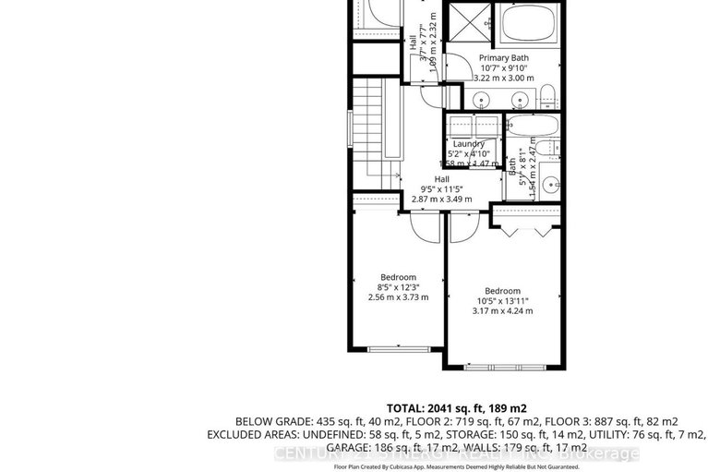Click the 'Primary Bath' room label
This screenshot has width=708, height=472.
pyautogui.click(x=504, y=57)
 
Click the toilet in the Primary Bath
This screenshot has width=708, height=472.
pyautogui.click(x=546, y=91)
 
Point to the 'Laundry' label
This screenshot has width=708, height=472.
pyautogui.click(x=468, y=144)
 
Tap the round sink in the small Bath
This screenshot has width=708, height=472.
pyautogui.click(x=549, y=182)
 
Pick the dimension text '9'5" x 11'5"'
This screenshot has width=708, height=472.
pyautogui.click(x=441, y=188)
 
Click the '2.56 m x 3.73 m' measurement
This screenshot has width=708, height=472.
pyautogui.click(x=399, y=297)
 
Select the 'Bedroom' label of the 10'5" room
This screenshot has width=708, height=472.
pyautogui.click(x=502, y=290)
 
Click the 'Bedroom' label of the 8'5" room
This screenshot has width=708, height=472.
pyautogui.click(x=399, y=276)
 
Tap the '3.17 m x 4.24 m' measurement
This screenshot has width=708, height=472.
pyautogui.click(x=502, y=311)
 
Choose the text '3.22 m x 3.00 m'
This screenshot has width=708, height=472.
pyautogui.click(x=504, y=79)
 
